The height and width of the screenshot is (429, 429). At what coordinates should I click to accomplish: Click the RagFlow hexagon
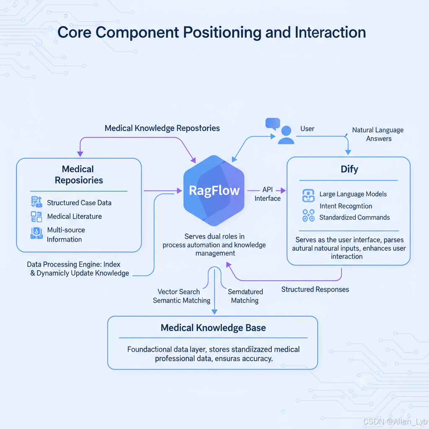click(214, 191)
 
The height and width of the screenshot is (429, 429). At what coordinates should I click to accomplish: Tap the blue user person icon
click(286, 135)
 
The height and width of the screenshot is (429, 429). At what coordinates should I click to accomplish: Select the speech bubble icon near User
click(273, 124)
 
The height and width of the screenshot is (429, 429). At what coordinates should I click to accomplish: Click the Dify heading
click(349, 169)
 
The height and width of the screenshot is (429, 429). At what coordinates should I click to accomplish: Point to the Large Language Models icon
click(308, 195)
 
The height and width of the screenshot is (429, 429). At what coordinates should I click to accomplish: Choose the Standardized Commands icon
click(308, 216)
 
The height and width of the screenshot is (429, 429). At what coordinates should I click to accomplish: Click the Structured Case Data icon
click(36, 202)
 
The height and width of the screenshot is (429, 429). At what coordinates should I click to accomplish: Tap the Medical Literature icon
click(36, 217)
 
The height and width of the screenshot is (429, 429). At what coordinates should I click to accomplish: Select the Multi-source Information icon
click(36, 233)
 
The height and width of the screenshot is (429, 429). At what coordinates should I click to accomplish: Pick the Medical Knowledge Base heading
click(213, 328)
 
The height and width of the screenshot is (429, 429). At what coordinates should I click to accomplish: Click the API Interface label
click(267, 194)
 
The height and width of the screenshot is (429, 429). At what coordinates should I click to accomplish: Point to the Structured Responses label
click(315, 289)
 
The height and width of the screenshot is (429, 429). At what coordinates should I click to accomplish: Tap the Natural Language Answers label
click(378, 134)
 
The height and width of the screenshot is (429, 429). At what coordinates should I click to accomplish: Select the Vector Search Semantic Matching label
click(181, 296)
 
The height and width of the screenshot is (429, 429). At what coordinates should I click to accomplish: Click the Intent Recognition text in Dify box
click(346, 206)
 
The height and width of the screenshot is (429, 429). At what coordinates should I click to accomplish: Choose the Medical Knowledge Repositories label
click(162, 128)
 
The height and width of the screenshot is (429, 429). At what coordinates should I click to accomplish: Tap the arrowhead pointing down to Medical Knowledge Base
click(214, 311)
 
